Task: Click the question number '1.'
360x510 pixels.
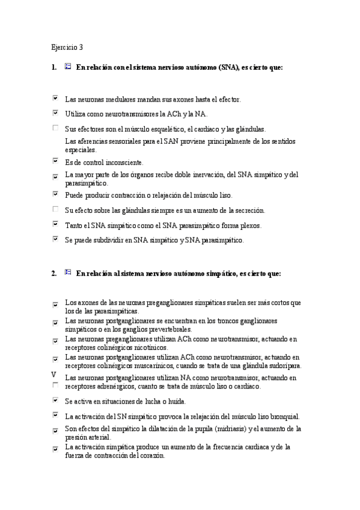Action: point(54,68)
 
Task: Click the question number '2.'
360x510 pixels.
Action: point(54,273)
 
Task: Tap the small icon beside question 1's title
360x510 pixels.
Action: point(67,67)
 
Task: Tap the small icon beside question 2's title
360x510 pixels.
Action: point(67,272)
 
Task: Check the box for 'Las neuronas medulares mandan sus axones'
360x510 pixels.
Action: point(56,97)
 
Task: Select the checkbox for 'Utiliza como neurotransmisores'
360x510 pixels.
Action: point(56,112)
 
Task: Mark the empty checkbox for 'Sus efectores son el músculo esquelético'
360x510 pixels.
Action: point(56,128)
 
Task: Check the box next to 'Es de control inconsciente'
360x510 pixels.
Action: point(56,161)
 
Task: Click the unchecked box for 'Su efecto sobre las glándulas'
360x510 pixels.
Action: point(56,209)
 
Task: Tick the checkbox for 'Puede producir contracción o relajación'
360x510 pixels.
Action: point(56,194)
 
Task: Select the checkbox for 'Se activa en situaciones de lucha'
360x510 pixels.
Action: point(56,399)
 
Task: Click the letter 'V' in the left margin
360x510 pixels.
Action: point(55,374)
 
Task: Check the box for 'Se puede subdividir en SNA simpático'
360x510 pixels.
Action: point(56,239)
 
